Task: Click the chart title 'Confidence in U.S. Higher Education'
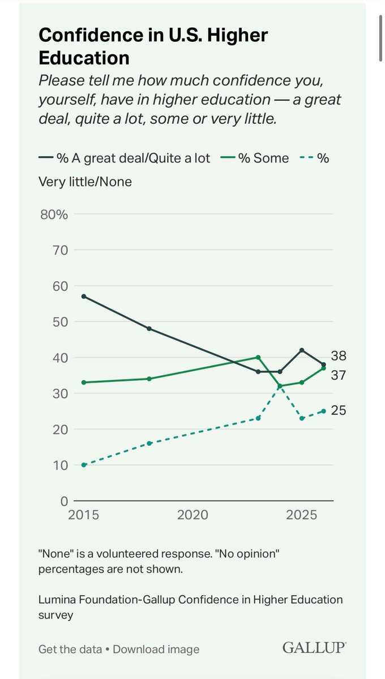coord(153,46)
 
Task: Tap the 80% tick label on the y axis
coord(54,214)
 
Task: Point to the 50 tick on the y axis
coord(60,322)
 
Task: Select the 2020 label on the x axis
coord(192,515)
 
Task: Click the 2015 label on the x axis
coord(83,515)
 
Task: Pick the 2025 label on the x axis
coord(301,515)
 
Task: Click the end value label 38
coord(338,355)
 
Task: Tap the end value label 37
coord(338,375)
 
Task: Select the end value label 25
coord(338,410)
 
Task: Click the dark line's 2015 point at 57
coord(84,296)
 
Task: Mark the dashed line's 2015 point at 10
coord(84,465)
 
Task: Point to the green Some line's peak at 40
coord(258,357)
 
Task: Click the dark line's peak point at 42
coord(302,350)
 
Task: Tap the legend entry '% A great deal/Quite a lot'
coord(125,158)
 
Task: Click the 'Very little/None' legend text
coord(85,182)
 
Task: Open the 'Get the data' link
coord(70,649)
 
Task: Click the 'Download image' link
coord(156,649)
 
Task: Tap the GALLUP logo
coord(314,647)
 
